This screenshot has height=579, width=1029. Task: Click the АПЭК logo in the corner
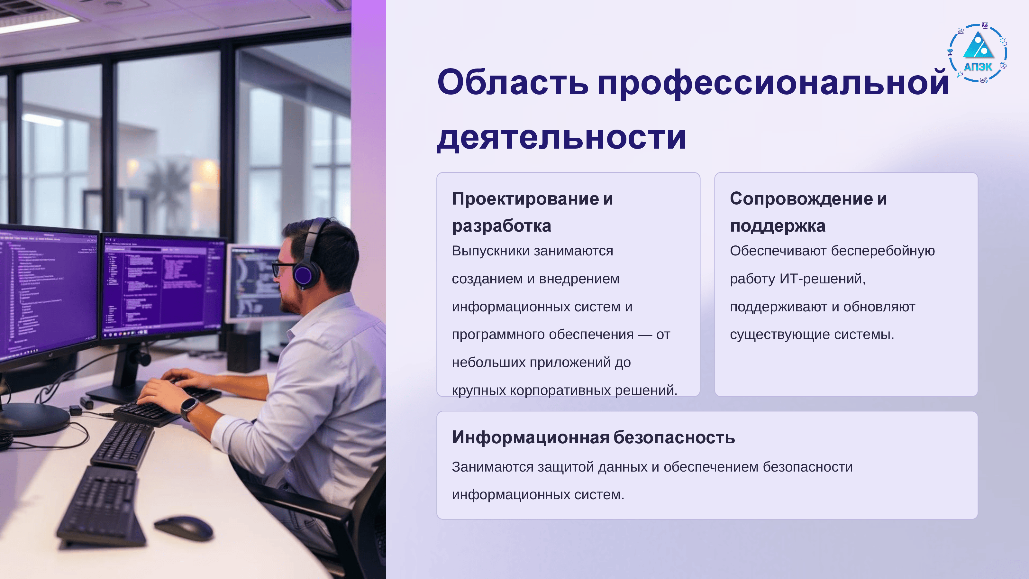pos(978,53)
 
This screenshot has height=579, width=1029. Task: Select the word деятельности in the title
pos(561,137)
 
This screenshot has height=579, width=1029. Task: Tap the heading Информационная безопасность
pos(593,437)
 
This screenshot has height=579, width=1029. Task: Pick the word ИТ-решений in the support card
pos(823,279)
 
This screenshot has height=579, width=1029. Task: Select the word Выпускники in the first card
pos(490,251)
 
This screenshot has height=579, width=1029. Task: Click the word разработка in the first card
pos(501,226)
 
